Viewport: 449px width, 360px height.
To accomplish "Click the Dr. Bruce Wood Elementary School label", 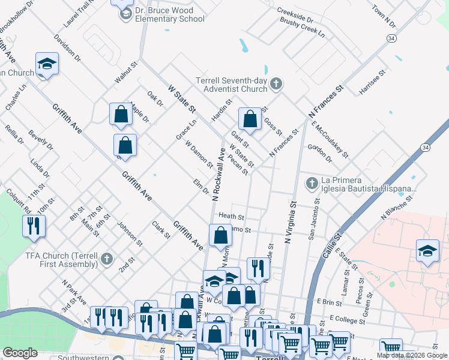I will coord(170,14).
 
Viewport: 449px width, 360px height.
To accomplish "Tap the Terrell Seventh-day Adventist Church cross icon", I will coord(276,83).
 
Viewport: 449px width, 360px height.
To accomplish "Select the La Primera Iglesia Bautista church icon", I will coord(311,182).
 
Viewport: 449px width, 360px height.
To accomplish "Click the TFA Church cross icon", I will coord(106,258).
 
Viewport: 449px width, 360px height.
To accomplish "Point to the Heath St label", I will coord(231,216).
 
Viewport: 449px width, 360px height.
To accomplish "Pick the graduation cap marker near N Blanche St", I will coord(427,251).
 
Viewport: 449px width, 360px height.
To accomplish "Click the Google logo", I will coord(20,353).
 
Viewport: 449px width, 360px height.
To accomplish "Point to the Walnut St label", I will coord(127,71).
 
